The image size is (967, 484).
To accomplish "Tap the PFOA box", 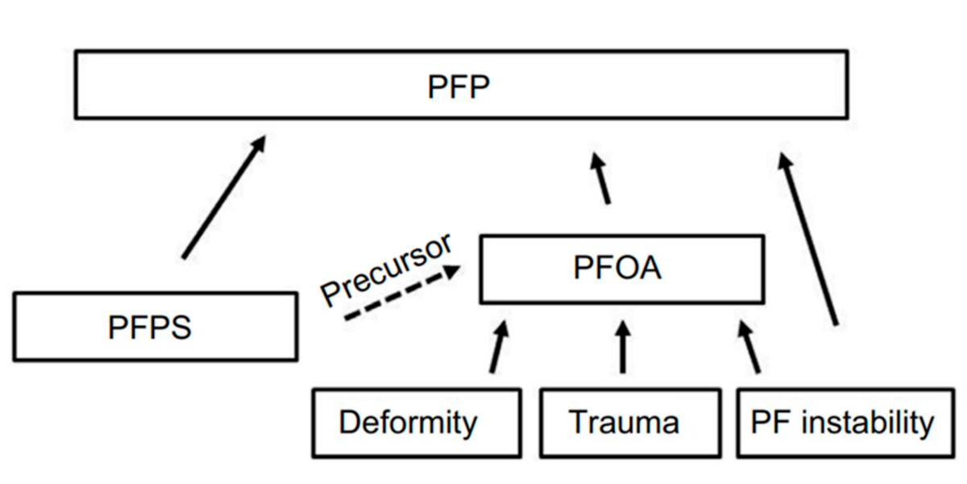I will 621,269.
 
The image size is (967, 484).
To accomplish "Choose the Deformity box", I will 416,423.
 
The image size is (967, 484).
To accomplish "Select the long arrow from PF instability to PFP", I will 808,239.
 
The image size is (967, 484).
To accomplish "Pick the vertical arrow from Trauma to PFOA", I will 621,347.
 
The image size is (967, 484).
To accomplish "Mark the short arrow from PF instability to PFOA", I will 749,348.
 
